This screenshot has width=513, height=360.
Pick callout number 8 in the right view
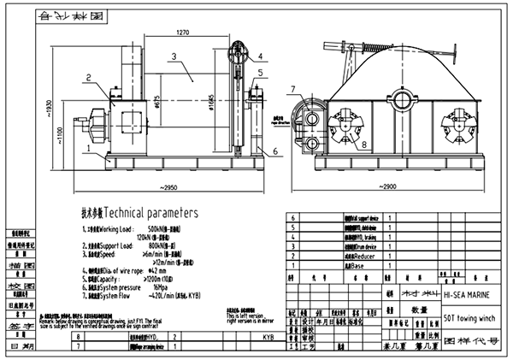pos(342,145)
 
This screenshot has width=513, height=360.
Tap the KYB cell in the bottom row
pos(267,338)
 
